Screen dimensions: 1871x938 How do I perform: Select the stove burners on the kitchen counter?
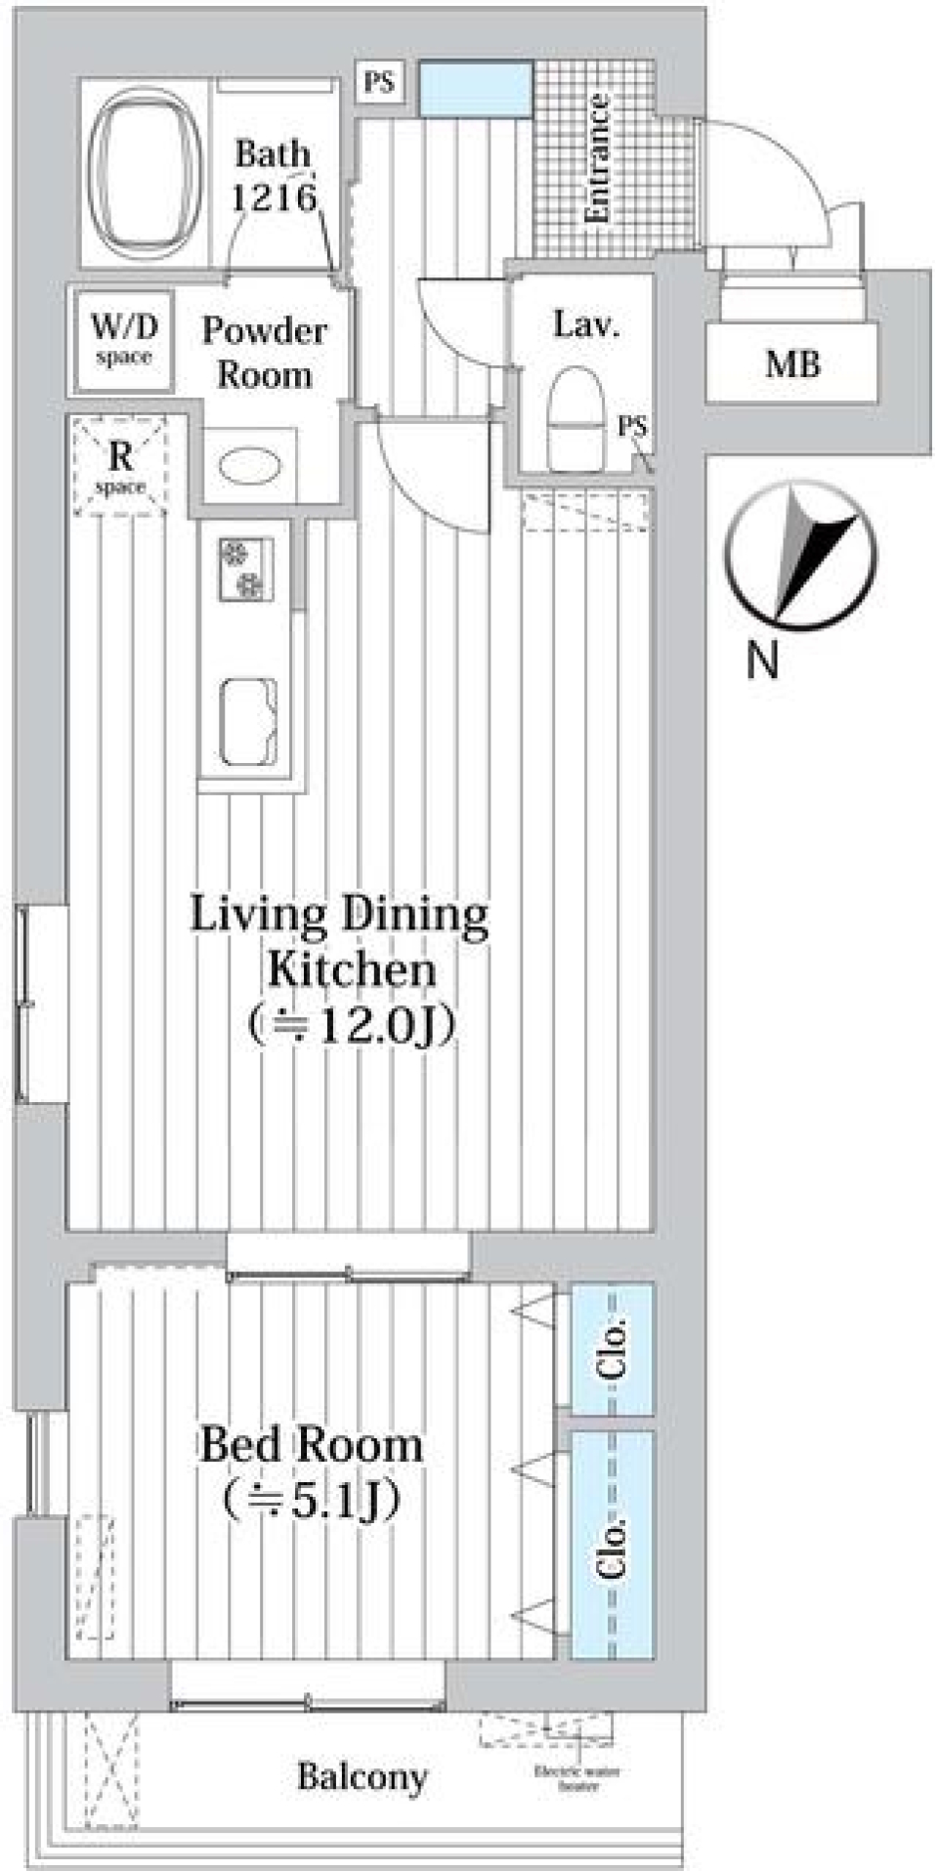pyautogui.click(x=245, y=570)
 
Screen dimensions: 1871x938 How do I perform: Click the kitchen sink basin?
pyautogui.click(x=246, y=721)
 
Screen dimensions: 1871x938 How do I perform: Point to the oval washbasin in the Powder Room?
pyautogui.click(x=250, y=467)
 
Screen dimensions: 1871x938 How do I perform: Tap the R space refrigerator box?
pyautogui.click(x=120, y=466)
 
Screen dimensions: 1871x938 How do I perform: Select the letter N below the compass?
pyautogui.click(x=762, y=661)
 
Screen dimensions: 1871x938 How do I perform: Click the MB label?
pyautogui.click(x=791, y=364)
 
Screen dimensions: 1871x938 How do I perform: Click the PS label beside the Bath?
pyautogui.click(x=379, y=81)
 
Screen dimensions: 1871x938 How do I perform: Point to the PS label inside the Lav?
pyautogui.click(x=632, y=427)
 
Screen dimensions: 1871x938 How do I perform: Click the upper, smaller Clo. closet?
pyautogui.click(x=612, y=1348)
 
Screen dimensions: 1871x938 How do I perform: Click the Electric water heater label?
pyautogui.click(x=577, y=1778)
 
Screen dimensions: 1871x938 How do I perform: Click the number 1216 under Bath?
pyautogui.click(x=275, y=198)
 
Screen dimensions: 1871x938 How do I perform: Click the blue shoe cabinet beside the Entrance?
pyautogui.click(x=476, y=89)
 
